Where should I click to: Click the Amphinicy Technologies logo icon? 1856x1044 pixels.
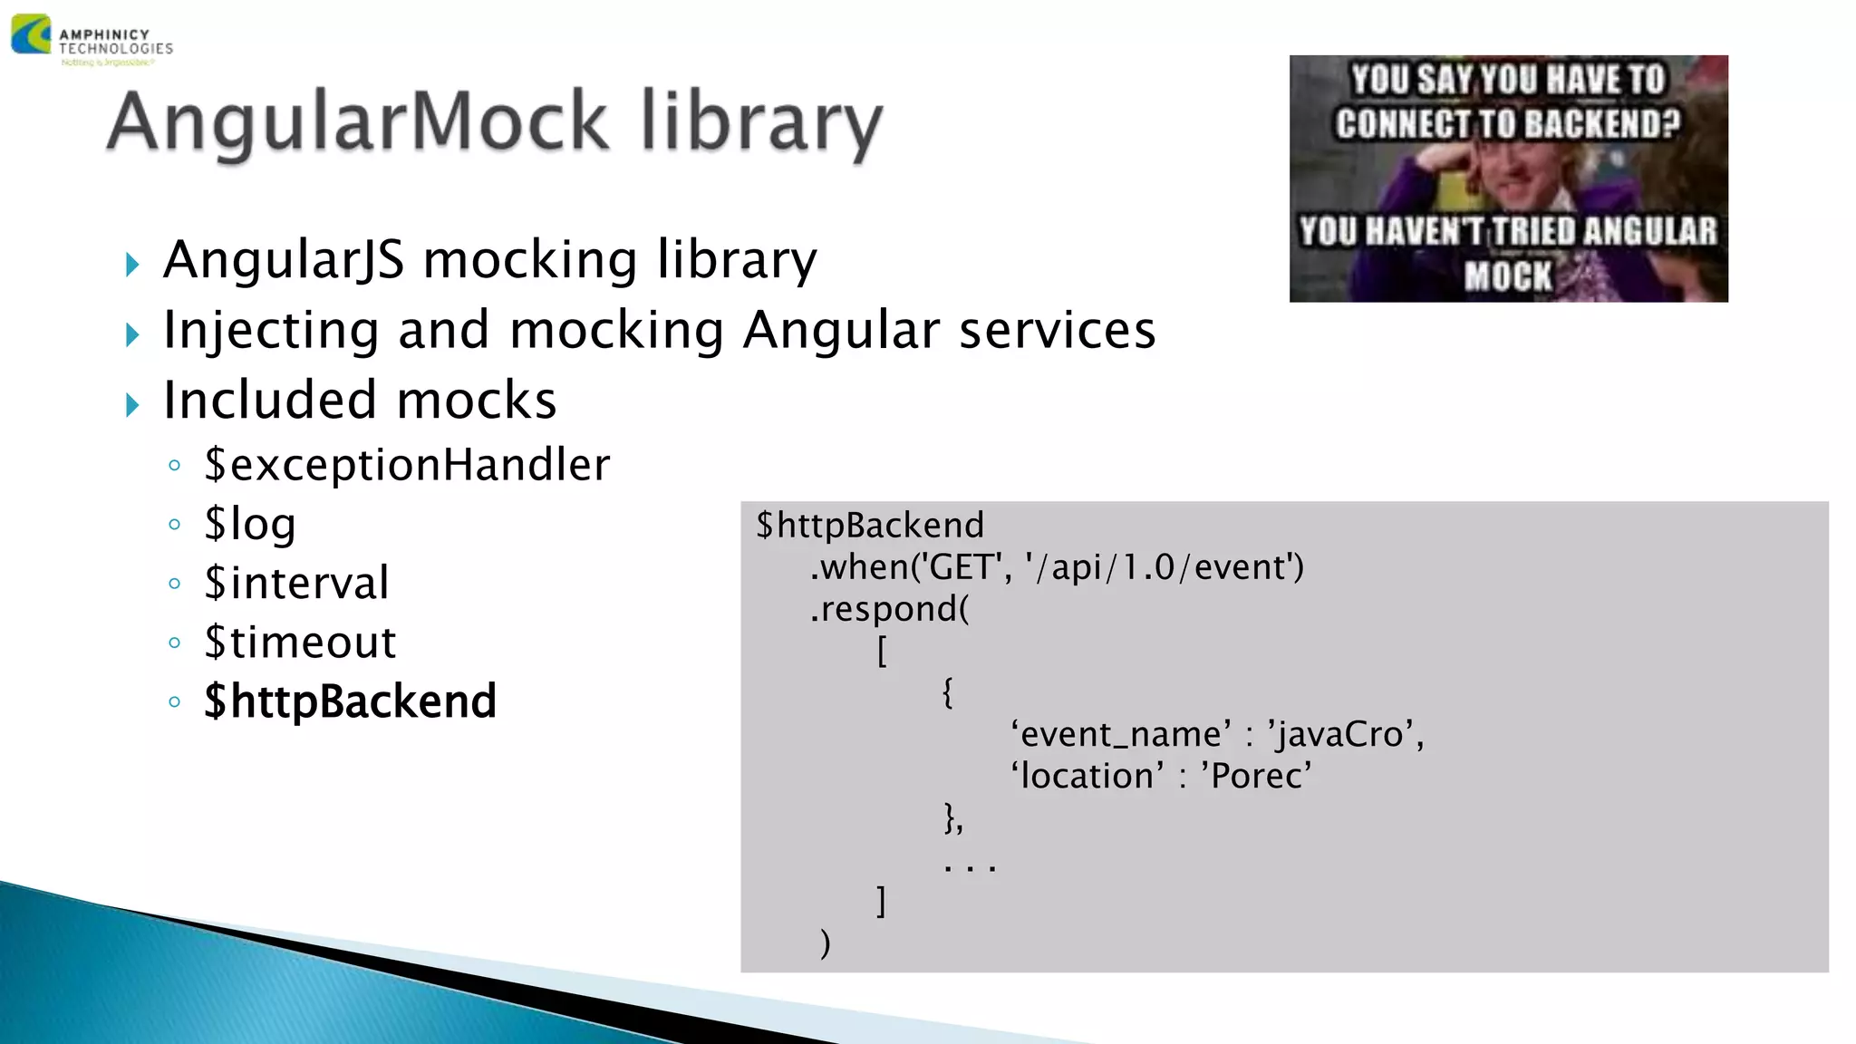pyautogui.click(x=31, y=34)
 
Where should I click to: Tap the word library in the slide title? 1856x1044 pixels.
pyautogui.click(x=761, y=123)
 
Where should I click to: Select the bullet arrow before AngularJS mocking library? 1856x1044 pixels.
pyautogui.click(x=133, y=265)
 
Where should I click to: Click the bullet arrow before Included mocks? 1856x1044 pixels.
pyautogui.click(x=133, y=405)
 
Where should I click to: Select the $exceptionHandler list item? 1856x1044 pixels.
pyautogui.click(x=407, y=465)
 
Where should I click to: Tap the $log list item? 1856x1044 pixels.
pyautogui.click(x=250, y=524)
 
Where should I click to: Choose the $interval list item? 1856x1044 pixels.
pyautogui.click(x=296, y=583)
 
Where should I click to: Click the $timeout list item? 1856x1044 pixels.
pyautogui.click(x=300, y=643)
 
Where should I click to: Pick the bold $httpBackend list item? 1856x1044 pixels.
pyautogui.click(x=350, y=701)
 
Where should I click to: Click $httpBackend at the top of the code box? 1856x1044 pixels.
pyautogui.click(x=870, y=526)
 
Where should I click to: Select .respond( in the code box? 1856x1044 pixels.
pyautogui.click(x=889, y=609)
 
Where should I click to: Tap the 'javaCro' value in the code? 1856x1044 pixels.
pyautogui.click(x=1345, y=734)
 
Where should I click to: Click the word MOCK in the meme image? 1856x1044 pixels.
pyautogui.click(x=1508, y=275)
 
